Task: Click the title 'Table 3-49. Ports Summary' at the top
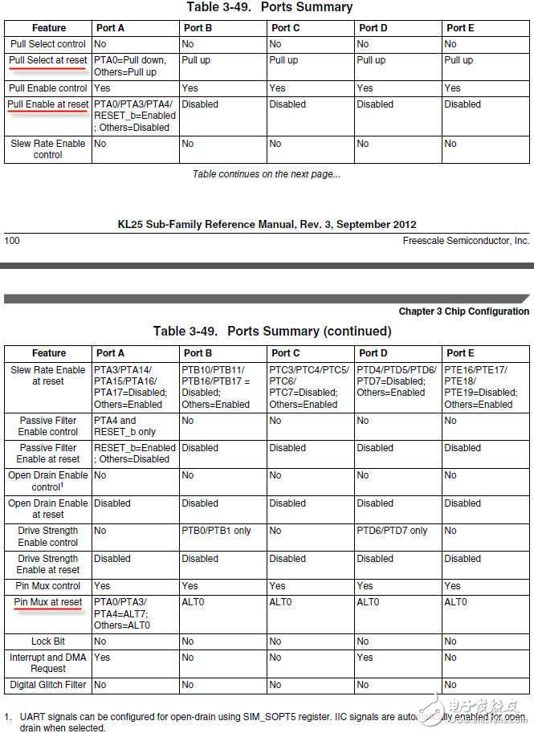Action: (269, 7)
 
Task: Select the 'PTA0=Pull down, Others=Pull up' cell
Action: (125, 66)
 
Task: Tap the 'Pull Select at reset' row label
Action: (48, 60)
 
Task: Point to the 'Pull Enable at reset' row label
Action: (48, 104)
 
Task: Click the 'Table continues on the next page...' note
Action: (267, 173)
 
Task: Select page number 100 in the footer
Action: (12, 240)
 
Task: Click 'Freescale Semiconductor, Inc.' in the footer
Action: (466, 240)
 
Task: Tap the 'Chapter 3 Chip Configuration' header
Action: (463, 312)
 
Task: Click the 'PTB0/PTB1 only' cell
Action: (216, 531)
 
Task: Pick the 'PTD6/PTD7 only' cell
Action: (392, 531)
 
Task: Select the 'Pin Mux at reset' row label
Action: (48, 602)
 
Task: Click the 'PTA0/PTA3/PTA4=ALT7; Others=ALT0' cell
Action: (122, 613)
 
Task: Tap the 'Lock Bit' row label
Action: (48, 641)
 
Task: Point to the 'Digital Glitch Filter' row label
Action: (48, 685)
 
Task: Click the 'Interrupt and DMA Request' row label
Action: (48, 662)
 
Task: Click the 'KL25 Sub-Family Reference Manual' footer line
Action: (267, 224)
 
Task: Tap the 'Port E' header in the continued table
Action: (459, 352)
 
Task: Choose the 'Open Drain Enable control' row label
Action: (48, 481)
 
